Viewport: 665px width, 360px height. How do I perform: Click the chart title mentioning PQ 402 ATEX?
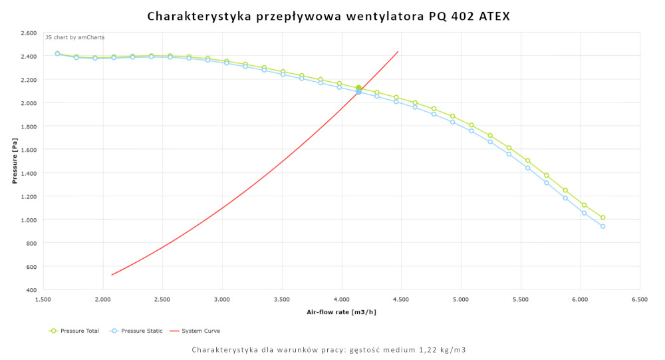pyautogui.click(x=329, y=15)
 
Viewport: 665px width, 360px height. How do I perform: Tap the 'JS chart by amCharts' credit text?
pyautogui.click(x=74, y=37)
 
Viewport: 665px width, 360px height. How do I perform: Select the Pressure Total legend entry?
pyautogui.click(x=74, y=331)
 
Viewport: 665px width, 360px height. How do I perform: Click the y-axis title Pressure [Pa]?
pyautogui.click(x=15, y=161)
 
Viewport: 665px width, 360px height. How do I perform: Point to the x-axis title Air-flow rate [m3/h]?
pyautogui.click(x=341, y=311)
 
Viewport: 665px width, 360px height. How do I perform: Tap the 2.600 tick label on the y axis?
pyautogui.click(x=29, y=33)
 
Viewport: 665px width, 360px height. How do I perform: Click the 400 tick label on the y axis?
pyautogui.click(x=31, y=290)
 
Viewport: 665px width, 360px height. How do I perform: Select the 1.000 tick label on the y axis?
pyautogui.click(x=29, y=220)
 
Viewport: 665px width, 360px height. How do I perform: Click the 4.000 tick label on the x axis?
pyautogui.click(x=342, y=300)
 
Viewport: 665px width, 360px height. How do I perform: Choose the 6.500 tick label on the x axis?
pyautogui.click(x=640, y=300)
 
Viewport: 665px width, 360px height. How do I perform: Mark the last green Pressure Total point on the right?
pyautogui.click(x=602, y=218)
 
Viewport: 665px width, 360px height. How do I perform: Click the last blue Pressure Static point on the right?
pyautogui.click(x=602, y=226)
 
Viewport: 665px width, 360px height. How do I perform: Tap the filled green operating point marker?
pyautogui.click(x=358, y=88)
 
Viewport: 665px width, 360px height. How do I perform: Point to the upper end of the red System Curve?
pyautogui.click(x=398, y=51)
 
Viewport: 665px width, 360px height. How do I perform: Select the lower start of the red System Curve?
pyautogui.click(x=112, y=275)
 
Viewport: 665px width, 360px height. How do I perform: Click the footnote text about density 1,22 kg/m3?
pyautogui.click(x=333, y=349)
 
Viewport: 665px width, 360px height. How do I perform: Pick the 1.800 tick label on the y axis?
pyautogui.click(x=29, y=126)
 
